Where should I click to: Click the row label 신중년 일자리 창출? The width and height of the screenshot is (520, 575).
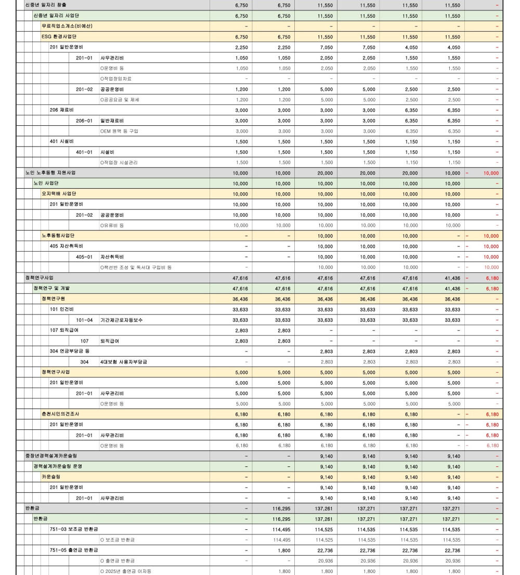46,5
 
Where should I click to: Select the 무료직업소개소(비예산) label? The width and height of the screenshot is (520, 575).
67,26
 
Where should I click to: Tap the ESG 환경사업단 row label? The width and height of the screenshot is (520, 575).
60,37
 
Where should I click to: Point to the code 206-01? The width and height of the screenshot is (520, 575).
84,121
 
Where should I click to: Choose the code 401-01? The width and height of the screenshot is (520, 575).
84,152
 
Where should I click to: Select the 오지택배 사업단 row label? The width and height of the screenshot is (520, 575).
59,194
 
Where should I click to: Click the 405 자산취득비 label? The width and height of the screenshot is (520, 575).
66,246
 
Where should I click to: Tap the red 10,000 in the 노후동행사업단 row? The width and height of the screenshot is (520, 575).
491,236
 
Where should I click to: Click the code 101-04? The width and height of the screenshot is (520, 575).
84,320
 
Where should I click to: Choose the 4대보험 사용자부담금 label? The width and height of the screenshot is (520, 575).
123,362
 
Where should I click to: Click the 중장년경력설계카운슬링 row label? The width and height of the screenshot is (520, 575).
51,456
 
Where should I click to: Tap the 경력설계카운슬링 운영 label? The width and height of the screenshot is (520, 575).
58,466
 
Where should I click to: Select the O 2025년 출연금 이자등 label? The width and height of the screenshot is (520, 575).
125,571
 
